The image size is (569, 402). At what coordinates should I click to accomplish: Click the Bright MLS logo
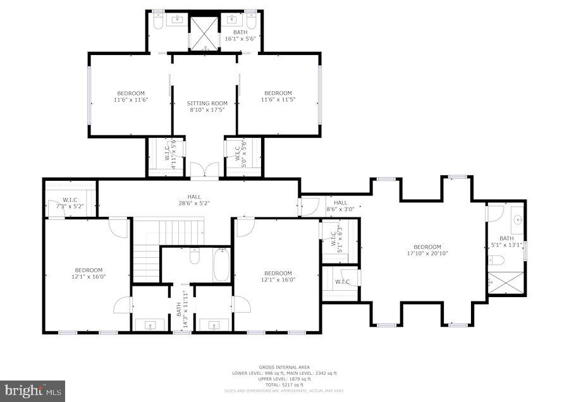(x=32, y=391)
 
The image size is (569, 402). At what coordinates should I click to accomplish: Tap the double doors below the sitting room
(x=204, y=171)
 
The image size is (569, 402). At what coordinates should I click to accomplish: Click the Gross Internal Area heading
(x=275, y=367)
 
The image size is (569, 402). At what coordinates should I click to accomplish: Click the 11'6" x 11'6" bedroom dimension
(x=130, y=100)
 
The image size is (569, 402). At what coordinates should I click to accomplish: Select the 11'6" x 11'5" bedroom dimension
(x=278, y=99)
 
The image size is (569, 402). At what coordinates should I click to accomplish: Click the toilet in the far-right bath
(x=498, y=260)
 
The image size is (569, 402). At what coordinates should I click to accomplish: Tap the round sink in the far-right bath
(x=517, y=220)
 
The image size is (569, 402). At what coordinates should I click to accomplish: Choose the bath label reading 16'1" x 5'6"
(x=240, y=39)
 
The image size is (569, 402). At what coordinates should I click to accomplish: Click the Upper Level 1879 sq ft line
(x=274, y=379)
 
